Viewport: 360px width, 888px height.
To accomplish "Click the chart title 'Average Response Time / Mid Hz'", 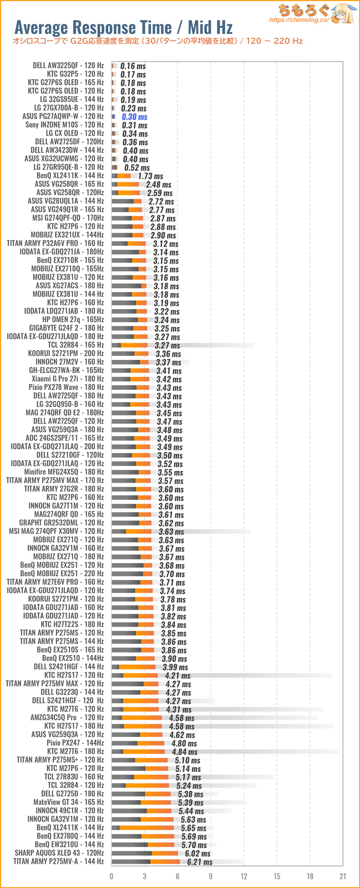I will point(123,28).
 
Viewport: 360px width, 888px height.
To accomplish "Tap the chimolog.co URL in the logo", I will point(299,20).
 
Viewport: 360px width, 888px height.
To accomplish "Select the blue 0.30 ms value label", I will point(135,117).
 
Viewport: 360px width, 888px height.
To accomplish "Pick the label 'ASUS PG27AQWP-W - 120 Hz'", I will point(63,117).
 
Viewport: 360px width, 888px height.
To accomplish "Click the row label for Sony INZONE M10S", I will point(64,125).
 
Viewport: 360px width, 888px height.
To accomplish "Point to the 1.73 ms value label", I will point(150,176).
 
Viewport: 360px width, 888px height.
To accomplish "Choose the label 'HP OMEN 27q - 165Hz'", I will point(73,319).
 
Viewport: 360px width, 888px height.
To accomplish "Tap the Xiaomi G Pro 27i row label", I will point(67,379).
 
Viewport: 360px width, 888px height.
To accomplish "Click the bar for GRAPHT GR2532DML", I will point(131,523).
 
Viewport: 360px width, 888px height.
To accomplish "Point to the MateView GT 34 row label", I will point(68,802).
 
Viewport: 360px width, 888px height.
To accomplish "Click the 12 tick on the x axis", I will point(243,876).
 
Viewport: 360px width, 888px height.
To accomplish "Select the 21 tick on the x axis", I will point(343,876).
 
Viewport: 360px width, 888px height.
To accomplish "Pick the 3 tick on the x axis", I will point(144,876).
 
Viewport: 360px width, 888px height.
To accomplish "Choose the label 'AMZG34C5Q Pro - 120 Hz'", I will point(67,718).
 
